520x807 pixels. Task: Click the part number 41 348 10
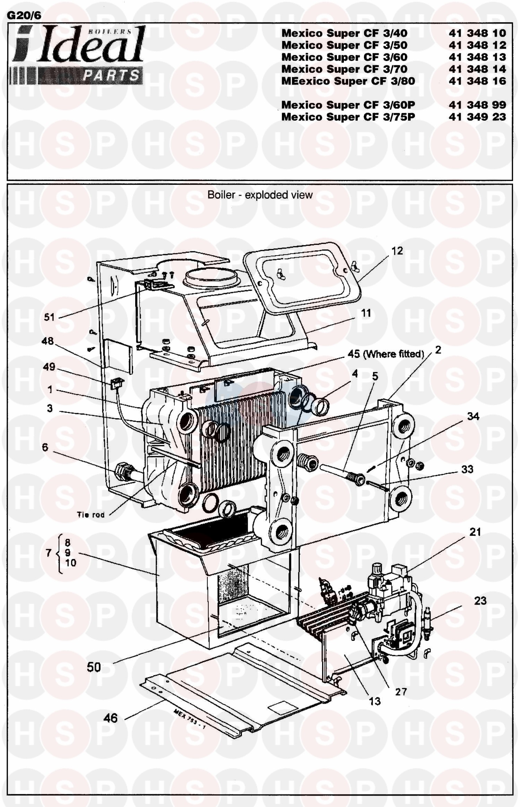pyautogui.click(x=477, y=33)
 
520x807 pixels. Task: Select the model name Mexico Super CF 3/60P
pyautogui.click(x=348, y=105)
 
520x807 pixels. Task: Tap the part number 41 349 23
pyautogui.click(x=477, y=117)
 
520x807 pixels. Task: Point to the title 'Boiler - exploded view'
pyautogui.click(x=260, y=195)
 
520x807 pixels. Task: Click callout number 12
pyautogui.click(x=397, y=251)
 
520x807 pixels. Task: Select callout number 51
pyautogui.click(x=49, y=317)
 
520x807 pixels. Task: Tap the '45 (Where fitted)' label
pyautogui.click(x=386, y=354)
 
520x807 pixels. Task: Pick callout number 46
pyautogui.click(x=110, y=718)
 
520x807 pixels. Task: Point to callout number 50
pyautogui.click(x=94, y=667)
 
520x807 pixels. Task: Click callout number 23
pyautogui.click(x=480, y=601)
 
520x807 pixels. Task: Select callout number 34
pyautogui.click(x=473, y=416)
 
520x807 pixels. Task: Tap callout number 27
pyautogui.click(x=401, y=692)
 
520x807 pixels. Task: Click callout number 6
pyautogui.click(x=45, y=447)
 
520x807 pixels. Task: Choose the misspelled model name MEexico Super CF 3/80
pyautogui.click(x=348, y=81)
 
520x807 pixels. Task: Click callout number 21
pyautogui.click(x=475, y=532)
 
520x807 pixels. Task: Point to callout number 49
pyautogui.click(x=49, y=367)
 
